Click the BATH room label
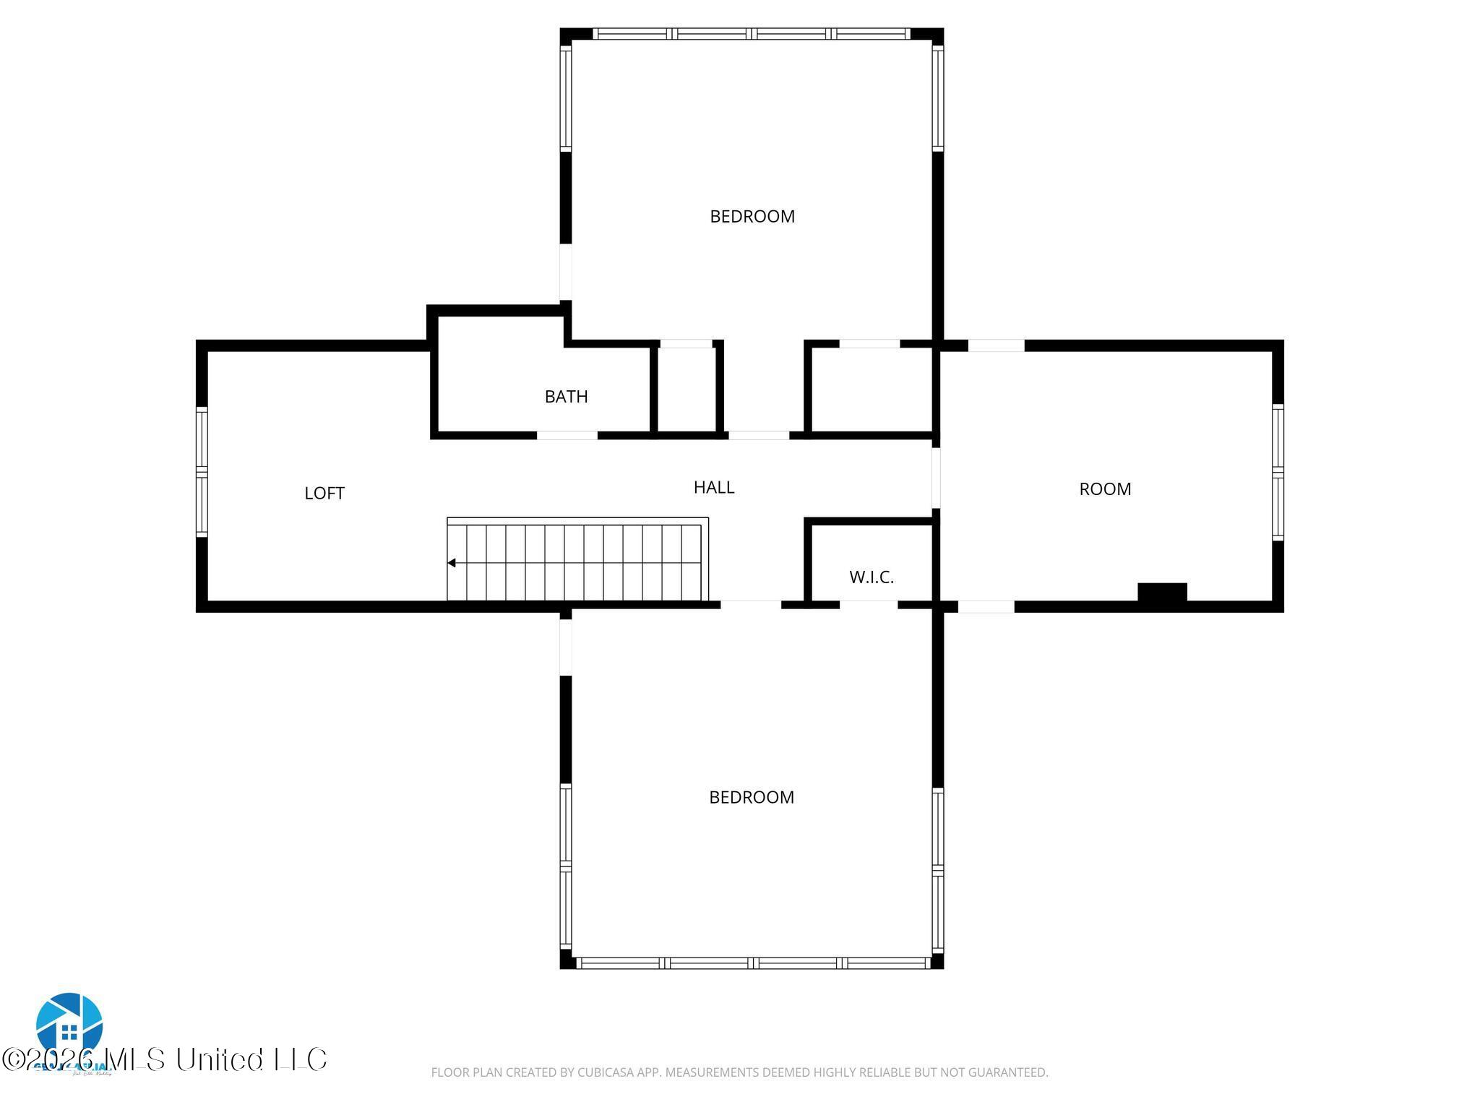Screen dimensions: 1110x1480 [566, 396]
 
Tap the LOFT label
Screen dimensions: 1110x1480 [324, 493]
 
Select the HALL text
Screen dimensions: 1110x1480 [713, 487]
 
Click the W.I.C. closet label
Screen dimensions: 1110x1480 [871, 577]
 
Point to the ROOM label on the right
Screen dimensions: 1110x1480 [1104, 489]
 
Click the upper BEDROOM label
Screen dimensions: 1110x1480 [752, 216]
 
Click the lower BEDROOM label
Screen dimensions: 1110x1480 [751, 797]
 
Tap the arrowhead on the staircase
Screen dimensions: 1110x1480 [452, 562]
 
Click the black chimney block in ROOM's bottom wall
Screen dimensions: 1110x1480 [1162, 592]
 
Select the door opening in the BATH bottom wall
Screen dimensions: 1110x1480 [567, 435]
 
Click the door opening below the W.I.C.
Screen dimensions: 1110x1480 [868, 605]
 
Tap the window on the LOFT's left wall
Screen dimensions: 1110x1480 [202, 473]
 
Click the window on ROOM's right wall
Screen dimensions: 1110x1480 [1278, 472]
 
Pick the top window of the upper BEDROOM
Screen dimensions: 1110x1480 [751, 33]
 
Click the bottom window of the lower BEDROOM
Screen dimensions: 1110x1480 [752, 963]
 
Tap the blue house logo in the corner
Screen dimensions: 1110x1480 [69, 1025]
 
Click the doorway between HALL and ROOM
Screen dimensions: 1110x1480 [936, 477]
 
